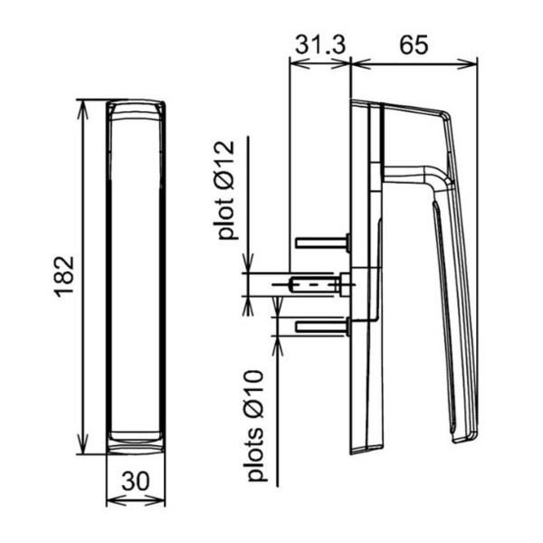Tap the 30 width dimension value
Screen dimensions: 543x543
136,481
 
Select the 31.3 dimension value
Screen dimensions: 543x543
320,44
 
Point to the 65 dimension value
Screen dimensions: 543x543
414,44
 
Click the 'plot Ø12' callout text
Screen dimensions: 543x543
225,190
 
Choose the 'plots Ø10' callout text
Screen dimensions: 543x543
255,425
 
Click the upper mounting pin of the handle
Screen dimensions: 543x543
323,242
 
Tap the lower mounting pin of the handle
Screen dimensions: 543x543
323,326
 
